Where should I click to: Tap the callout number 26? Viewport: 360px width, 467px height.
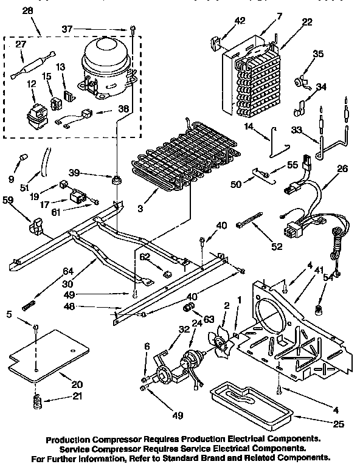(342, 168)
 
